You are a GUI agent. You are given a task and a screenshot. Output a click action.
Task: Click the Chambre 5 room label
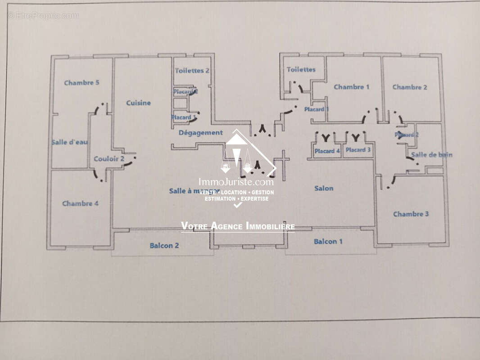tap(82, 83)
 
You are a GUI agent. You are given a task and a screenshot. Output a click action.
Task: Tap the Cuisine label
tap(138, 103)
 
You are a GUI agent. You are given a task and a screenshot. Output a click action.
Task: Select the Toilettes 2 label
tap(192, 71)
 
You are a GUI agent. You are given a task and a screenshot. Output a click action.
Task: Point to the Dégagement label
tap(200, 133)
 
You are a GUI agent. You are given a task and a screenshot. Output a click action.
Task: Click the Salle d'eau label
tap(70, 142)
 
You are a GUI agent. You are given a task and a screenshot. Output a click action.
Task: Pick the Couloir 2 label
tap(109, 159)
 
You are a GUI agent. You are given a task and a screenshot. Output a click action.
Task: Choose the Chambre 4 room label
tap(80, 203)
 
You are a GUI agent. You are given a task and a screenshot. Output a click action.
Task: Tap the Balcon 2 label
tap(164, 246)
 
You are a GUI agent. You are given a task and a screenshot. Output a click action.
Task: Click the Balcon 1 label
tap(328, 242)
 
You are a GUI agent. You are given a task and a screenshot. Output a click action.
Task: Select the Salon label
tap(324, 188)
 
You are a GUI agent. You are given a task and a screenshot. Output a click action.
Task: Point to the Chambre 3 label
tap(411, 214)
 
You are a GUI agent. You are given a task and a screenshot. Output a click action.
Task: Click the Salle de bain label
tap(432, 155)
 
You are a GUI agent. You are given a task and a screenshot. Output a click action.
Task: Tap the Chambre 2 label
tap(410, 87)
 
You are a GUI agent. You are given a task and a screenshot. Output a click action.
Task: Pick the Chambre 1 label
tap(351, 87)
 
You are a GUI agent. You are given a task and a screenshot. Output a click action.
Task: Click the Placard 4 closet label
tap(327, 151)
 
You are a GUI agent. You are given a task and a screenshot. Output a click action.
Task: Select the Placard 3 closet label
tap(358, 150)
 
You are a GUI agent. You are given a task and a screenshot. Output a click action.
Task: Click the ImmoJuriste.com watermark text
tap(236, 182)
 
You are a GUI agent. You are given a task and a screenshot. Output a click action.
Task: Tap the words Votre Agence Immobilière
tap(238, 226)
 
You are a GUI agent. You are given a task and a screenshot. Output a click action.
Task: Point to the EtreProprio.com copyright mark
tap(43, 16)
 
